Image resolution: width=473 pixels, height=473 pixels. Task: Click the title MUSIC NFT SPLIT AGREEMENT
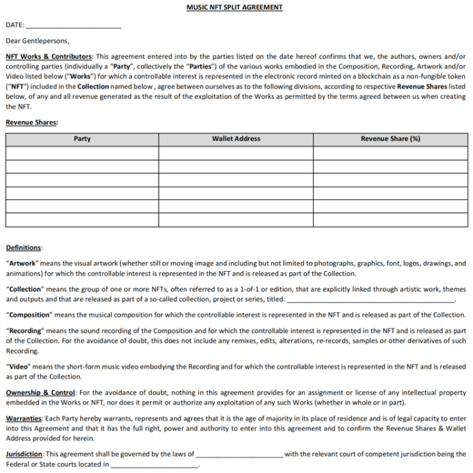point(234,8)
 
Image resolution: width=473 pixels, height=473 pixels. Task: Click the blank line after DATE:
point(73,26)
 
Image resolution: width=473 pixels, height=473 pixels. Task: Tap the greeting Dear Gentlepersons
point(37,41)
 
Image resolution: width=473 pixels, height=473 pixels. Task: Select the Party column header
point(82,139)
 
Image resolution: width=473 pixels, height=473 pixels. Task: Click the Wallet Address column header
point(236,139)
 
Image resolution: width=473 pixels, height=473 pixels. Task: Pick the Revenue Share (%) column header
point(390,139)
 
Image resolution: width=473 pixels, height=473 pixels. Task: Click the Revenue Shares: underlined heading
point(31,122)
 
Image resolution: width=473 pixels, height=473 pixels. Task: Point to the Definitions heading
point(23,247)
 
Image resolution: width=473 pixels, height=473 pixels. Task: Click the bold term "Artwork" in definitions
point(22,263)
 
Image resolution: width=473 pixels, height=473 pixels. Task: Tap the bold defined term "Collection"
point(25,289)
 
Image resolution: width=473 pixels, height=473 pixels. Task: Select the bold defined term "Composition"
point(29,315)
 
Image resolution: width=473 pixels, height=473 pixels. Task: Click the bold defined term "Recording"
point(25,330)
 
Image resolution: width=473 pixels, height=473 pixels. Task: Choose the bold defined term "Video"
point(18,367)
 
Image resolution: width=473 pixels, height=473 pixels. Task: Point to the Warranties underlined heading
point(24,418)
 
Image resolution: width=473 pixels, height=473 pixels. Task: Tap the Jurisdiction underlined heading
point(24,453)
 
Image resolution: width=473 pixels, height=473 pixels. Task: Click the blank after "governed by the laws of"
point(239,454)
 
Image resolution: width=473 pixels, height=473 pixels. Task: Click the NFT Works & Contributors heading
point(49,57)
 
